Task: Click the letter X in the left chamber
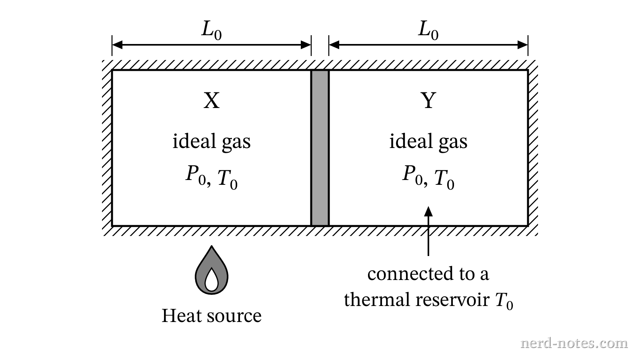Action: point(212,100)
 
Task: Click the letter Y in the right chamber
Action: point(428,100)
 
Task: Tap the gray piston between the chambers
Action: point(320,148)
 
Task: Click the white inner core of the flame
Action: point(212,280)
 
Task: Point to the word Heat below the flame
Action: point(182,316)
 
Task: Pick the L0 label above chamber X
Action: point(212,31)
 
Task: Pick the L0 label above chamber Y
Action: point(428,31)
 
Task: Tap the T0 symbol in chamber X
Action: point(228,180)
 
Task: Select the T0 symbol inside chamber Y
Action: point(444,180)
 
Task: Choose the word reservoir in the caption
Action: point(453,300)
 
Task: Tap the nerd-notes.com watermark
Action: point(574,343)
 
